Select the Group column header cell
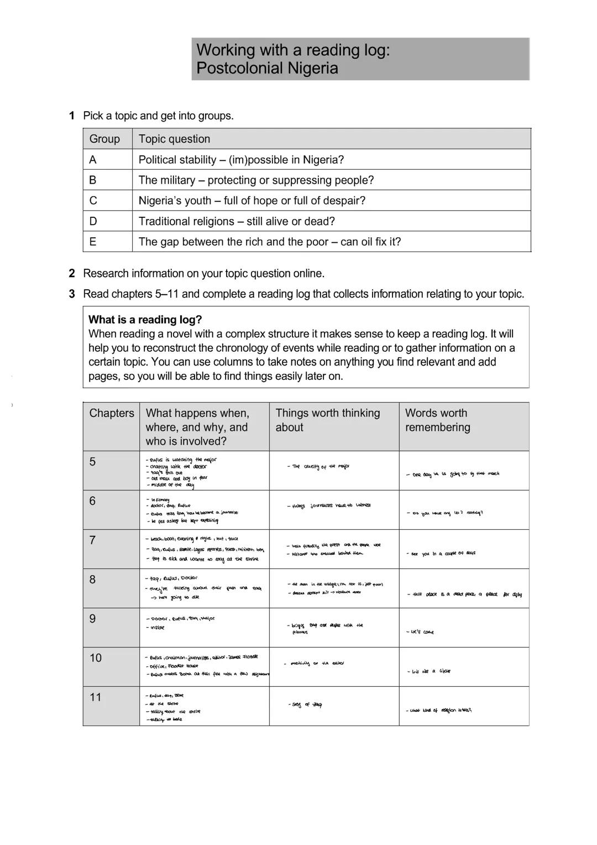tap(104, 139)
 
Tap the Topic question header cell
tap(174, 139)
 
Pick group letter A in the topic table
tap(93, 160)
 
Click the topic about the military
tap(256, 180)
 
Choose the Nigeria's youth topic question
tap(252, 201)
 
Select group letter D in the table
tap(93, 221)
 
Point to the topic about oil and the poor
tap(270, 242)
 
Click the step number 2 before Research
tap(72, 273)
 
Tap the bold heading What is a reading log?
tap(145, 320)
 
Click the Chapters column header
tap(112, 413)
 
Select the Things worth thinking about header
tap(328, 420)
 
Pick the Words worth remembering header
tap(437, 420)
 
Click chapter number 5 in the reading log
tap(92, 462)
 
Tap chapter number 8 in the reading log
tap(92, 580)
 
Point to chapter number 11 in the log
tap(96, 697)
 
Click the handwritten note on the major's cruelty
tap(319, 467)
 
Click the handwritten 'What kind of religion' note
tap(439, 711)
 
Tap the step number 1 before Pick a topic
tap(72, 116)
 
